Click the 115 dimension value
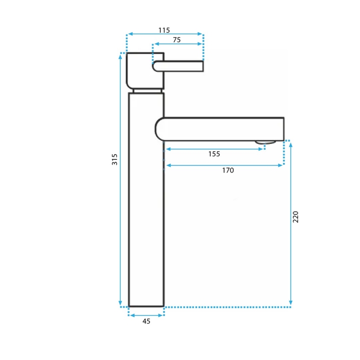pyautogui.click(x=164, y=30)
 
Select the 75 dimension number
pyautogui.click(x=177, y=40)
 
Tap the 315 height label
pyautogui.click(x=115, y=159)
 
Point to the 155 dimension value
pyautogui.click(x=214, y=154)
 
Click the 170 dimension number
pyautogui.click(x=228, y=170)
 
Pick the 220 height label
pyautogui.click(x=295, y=217)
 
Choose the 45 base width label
pyautogui.click(x=146, y=321)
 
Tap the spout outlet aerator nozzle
pyautogui.click(x=265, y=143)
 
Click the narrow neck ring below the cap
pyautogui.click(x=147, y=90)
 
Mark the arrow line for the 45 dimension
pyautogui.click(x=146, y=315)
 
